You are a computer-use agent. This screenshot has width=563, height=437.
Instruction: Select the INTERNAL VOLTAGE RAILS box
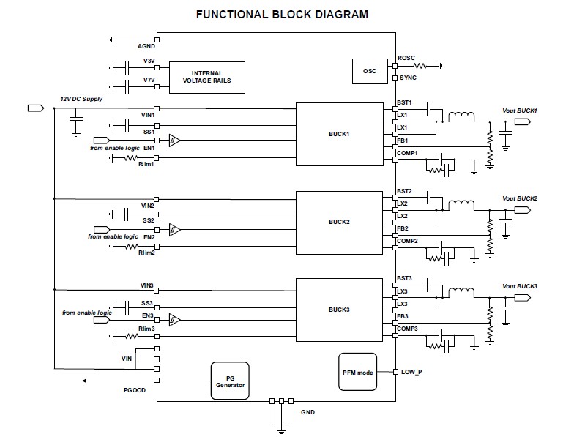click(x=207, y=77)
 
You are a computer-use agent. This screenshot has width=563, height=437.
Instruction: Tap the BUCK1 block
click(x=338, y=135)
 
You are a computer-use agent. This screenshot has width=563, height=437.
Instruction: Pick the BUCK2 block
click(x=338, y=221)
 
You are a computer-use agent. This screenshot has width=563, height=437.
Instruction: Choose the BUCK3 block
click(x=338, y=310)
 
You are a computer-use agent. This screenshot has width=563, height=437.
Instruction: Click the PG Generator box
click(x=229, y=381)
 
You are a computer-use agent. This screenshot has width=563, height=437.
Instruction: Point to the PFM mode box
click(x=357, y=372)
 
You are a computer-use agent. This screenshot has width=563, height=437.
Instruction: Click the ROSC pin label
click(x=407, y=57)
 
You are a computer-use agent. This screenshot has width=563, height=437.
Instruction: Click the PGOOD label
click(x=135, y=390)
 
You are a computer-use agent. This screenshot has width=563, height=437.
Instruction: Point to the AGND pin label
click(x=146, y=46)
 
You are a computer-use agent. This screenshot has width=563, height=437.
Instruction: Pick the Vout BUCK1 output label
click(x=520, y=111)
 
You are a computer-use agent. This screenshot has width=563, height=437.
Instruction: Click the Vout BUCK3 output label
click(x=520, y=285)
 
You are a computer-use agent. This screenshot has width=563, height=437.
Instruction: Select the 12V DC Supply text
click(x=81, y=98)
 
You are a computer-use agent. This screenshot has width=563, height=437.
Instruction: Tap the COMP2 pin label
click(x=407, y=241)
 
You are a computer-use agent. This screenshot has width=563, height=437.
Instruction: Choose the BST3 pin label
click(x=405, y=278)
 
